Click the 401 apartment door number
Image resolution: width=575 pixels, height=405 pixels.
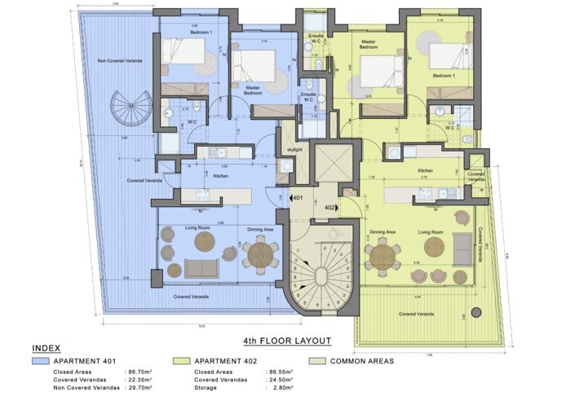[x=299, y=198]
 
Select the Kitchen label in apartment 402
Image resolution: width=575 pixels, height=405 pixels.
[x=425, y=171]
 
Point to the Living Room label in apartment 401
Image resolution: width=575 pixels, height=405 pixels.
[x=197, y=228]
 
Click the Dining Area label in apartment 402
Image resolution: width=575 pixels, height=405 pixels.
[x=383, y=232]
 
